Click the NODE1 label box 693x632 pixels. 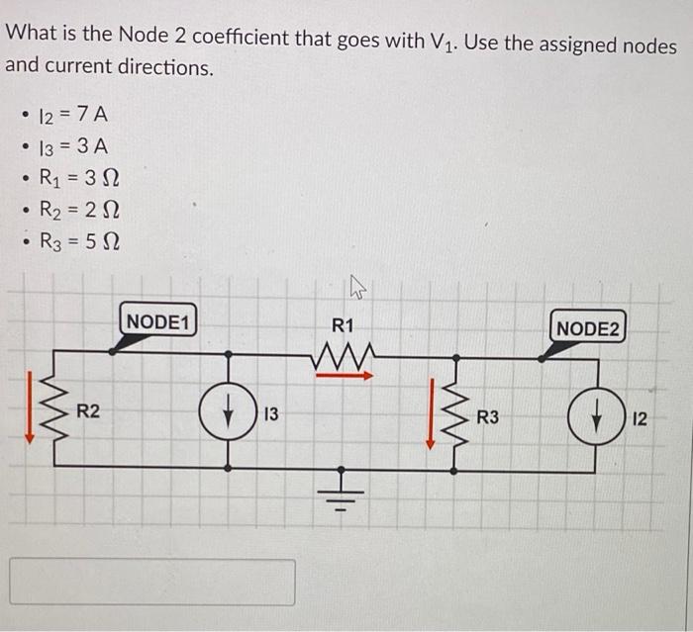pyautogui.click(x=157, y=321)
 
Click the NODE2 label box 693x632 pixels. pyautogui.click(x=587, y=328)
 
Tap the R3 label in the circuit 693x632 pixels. pyautogui.click(x=488, y=419)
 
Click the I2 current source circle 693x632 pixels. pyautogui.click(x=595, y=417)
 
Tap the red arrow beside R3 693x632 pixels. pyautogui.click(x=430, y=413)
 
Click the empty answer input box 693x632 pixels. pyautogui.click(x=152, y=582)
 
